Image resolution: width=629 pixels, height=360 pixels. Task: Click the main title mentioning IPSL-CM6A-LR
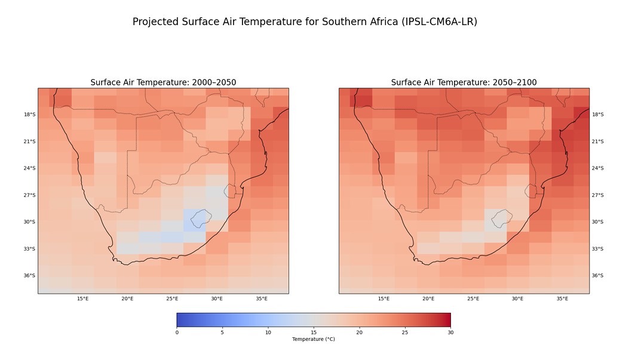pos(305,22)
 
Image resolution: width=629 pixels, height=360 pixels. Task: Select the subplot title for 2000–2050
pos(163,82)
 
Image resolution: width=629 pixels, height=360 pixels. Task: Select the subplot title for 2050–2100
pos(464,82)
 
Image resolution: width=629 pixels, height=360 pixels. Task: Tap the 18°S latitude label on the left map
pos(29,115)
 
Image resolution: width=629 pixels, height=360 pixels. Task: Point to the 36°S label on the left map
pos(29,276)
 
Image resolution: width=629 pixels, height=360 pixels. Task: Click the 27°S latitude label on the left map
pos(29,195)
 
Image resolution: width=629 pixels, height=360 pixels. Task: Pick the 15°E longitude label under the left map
pos(83,299)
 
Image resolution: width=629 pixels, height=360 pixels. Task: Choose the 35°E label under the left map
pos(262,299)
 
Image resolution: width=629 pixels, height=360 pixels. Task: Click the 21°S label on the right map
pos(598,141)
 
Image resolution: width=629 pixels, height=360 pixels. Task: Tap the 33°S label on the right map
pos(598,249)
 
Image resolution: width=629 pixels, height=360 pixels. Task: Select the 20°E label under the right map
pos(428,299)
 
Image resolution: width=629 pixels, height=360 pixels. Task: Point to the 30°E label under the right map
pos(517,299)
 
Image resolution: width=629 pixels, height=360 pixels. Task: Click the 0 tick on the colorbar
pos(177,332)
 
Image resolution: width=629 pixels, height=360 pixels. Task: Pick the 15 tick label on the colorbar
pos(314,332)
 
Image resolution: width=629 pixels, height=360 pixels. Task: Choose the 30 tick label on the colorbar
pos(450,332)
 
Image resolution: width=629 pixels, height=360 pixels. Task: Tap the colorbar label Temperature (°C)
pos(314,339)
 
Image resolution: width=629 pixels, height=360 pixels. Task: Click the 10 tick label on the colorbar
pos(268,332)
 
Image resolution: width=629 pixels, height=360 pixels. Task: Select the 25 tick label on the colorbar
pos(405,332)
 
